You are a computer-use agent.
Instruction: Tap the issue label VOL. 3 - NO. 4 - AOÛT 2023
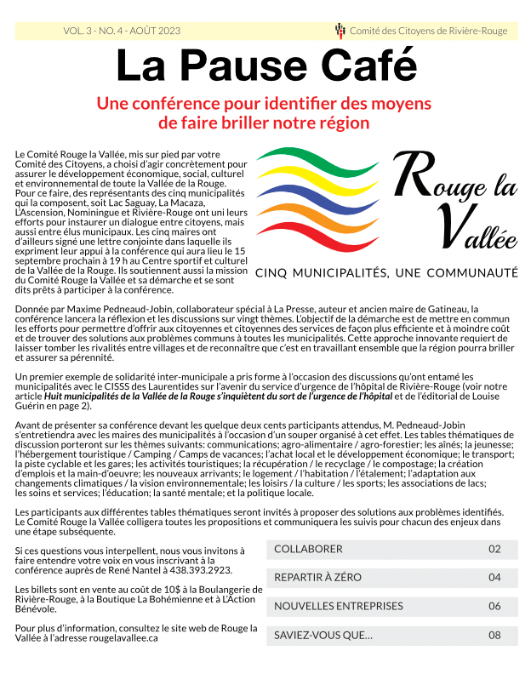(122, 31)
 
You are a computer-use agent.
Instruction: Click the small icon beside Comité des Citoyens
(340, 31)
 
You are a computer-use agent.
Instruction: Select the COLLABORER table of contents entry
(309, 550)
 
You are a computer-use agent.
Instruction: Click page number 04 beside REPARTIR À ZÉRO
(494, 578)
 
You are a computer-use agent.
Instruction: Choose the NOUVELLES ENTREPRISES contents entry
(338, 607)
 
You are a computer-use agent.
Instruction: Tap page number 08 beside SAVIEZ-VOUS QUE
(494, 636)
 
